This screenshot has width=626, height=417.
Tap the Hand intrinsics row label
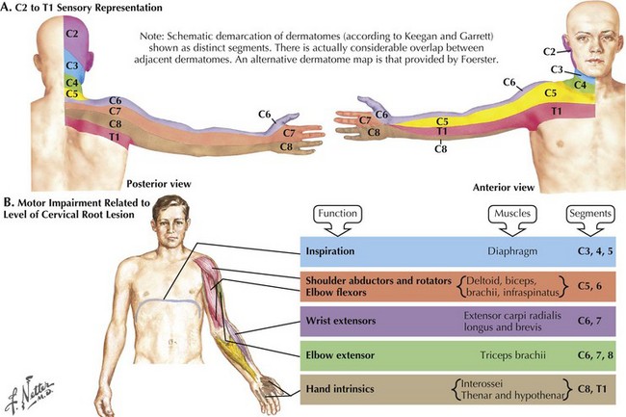click(348, 390)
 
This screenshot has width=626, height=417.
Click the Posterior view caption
click(156, 181)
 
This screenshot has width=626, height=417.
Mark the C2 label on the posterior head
click(71, 34)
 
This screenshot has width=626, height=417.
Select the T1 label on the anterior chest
click(557, 113)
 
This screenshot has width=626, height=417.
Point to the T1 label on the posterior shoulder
click(88, 137)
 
